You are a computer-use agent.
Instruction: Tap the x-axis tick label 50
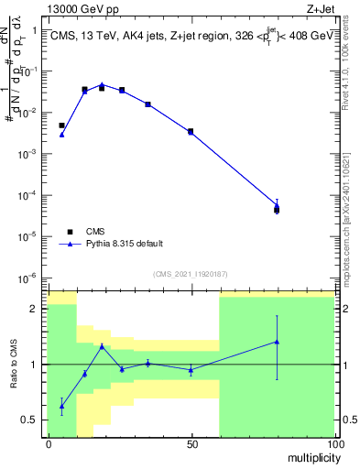click(x=191, y=444)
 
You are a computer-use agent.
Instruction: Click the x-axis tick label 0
click(x=49, y=444)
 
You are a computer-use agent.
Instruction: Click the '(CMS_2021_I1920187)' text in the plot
click(x=191, y=274)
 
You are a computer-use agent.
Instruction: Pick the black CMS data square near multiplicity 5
click(x=62, y=125)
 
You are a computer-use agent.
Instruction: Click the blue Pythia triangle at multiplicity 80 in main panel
click(x=277, y=206)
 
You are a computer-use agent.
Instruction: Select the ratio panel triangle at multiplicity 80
click(x=277, y=342)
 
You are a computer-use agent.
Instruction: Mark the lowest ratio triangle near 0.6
click(x=62, y=406)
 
